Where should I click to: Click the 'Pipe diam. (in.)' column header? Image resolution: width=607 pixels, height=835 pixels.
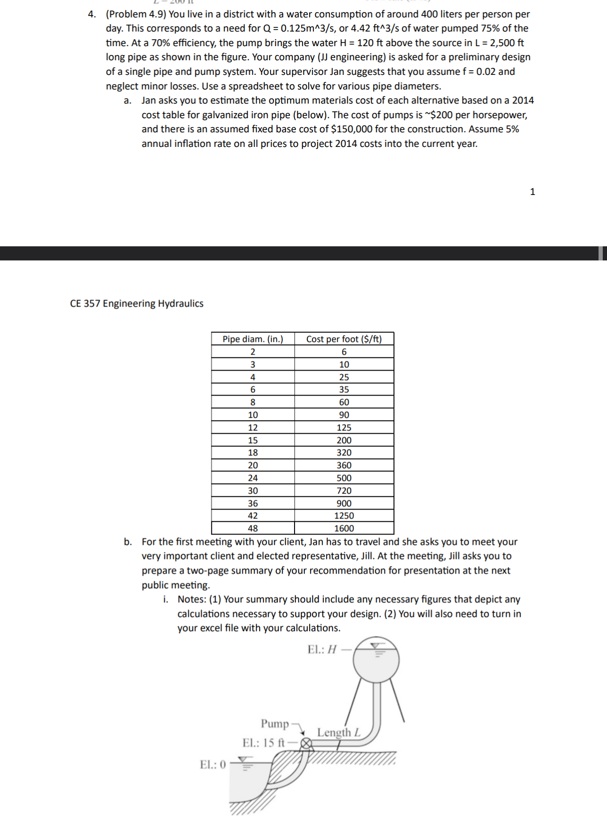253,339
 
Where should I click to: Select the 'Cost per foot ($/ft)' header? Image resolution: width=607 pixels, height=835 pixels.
344,339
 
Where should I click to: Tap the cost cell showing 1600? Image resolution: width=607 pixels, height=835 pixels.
344,528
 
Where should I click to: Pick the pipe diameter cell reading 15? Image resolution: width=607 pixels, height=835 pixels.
253,440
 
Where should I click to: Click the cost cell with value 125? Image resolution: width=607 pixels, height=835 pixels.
344,428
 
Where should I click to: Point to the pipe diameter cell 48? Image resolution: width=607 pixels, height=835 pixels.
253,528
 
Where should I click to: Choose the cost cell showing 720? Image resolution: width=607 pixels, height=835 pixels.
344,491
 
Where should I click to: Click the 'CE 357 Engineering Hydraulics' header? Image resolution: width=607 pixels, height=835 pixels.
136,304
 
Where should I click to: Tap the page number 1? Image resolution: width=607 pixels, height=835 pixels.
532,192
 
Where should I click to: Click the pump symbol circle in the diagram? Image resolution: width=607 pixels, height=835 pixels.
306,744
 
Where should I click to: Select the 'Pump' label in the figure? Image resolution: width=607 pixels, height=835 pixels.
275,723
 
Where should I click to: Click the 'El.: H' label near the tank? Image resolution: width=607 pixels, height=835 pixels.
322,650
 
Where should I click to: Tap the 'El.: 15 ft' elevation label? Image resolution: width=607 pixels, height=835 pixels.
264,743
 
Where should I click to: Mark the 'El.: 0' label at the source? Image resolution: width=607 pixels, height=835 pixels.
213,764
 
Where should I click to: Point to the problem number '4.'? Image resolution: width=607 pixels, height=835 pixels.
92,15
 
